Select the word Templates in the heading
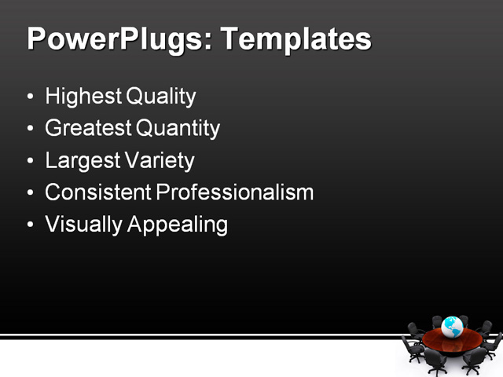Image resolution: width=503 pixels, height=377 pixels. point(296,39)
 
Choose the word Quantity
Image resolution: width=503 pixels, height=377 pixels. point(178,128)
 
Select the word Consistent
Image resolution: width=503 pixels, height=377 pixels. point(98,192)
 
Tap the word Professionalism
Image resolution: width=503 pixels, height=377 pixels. point(235,192)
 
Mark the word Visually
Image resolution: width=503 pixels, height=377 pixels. point(84,225)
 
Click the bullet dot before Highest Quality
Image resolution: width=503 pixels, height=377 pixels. point(30,98)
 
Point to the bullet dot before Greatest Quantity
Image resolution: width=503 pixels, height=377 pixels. point(30,130)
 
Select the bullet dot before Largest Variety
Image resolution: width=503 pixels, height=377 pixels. point(30,162)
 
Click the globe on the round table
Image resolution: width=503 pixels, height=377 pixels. point(452,327)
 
